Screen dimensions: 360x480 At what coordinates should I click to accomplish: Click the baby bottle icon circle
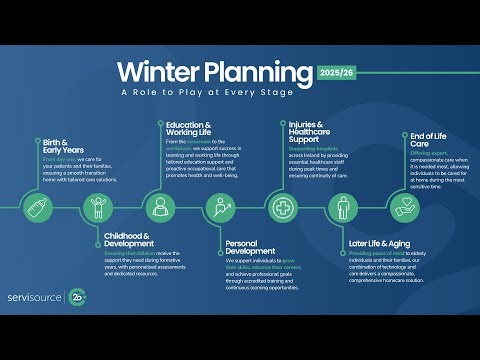pos(37,208)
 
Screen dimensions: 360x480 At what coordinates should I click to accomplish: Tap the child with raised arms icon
pos(98,208)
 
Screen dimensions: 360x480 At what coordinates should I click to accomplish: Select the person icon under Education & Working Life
pos(160,208)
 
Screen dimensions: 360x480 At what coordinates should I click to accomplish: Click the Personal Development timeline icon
pos(220,208)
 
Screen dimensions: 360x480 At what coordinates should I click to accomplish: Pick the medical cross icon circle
pos(282,208)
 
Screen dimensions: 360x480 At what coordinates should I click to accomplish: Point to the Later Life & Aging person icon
pos(343,208)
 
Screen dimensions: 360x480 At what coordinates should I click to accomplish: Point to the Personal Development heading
pos(251,247)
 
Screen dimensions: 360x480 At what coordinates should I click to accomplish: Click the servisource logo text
pos(34,297)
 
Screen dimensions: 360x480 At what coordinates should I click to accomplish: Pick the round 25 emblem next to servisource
pos(80,297)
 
